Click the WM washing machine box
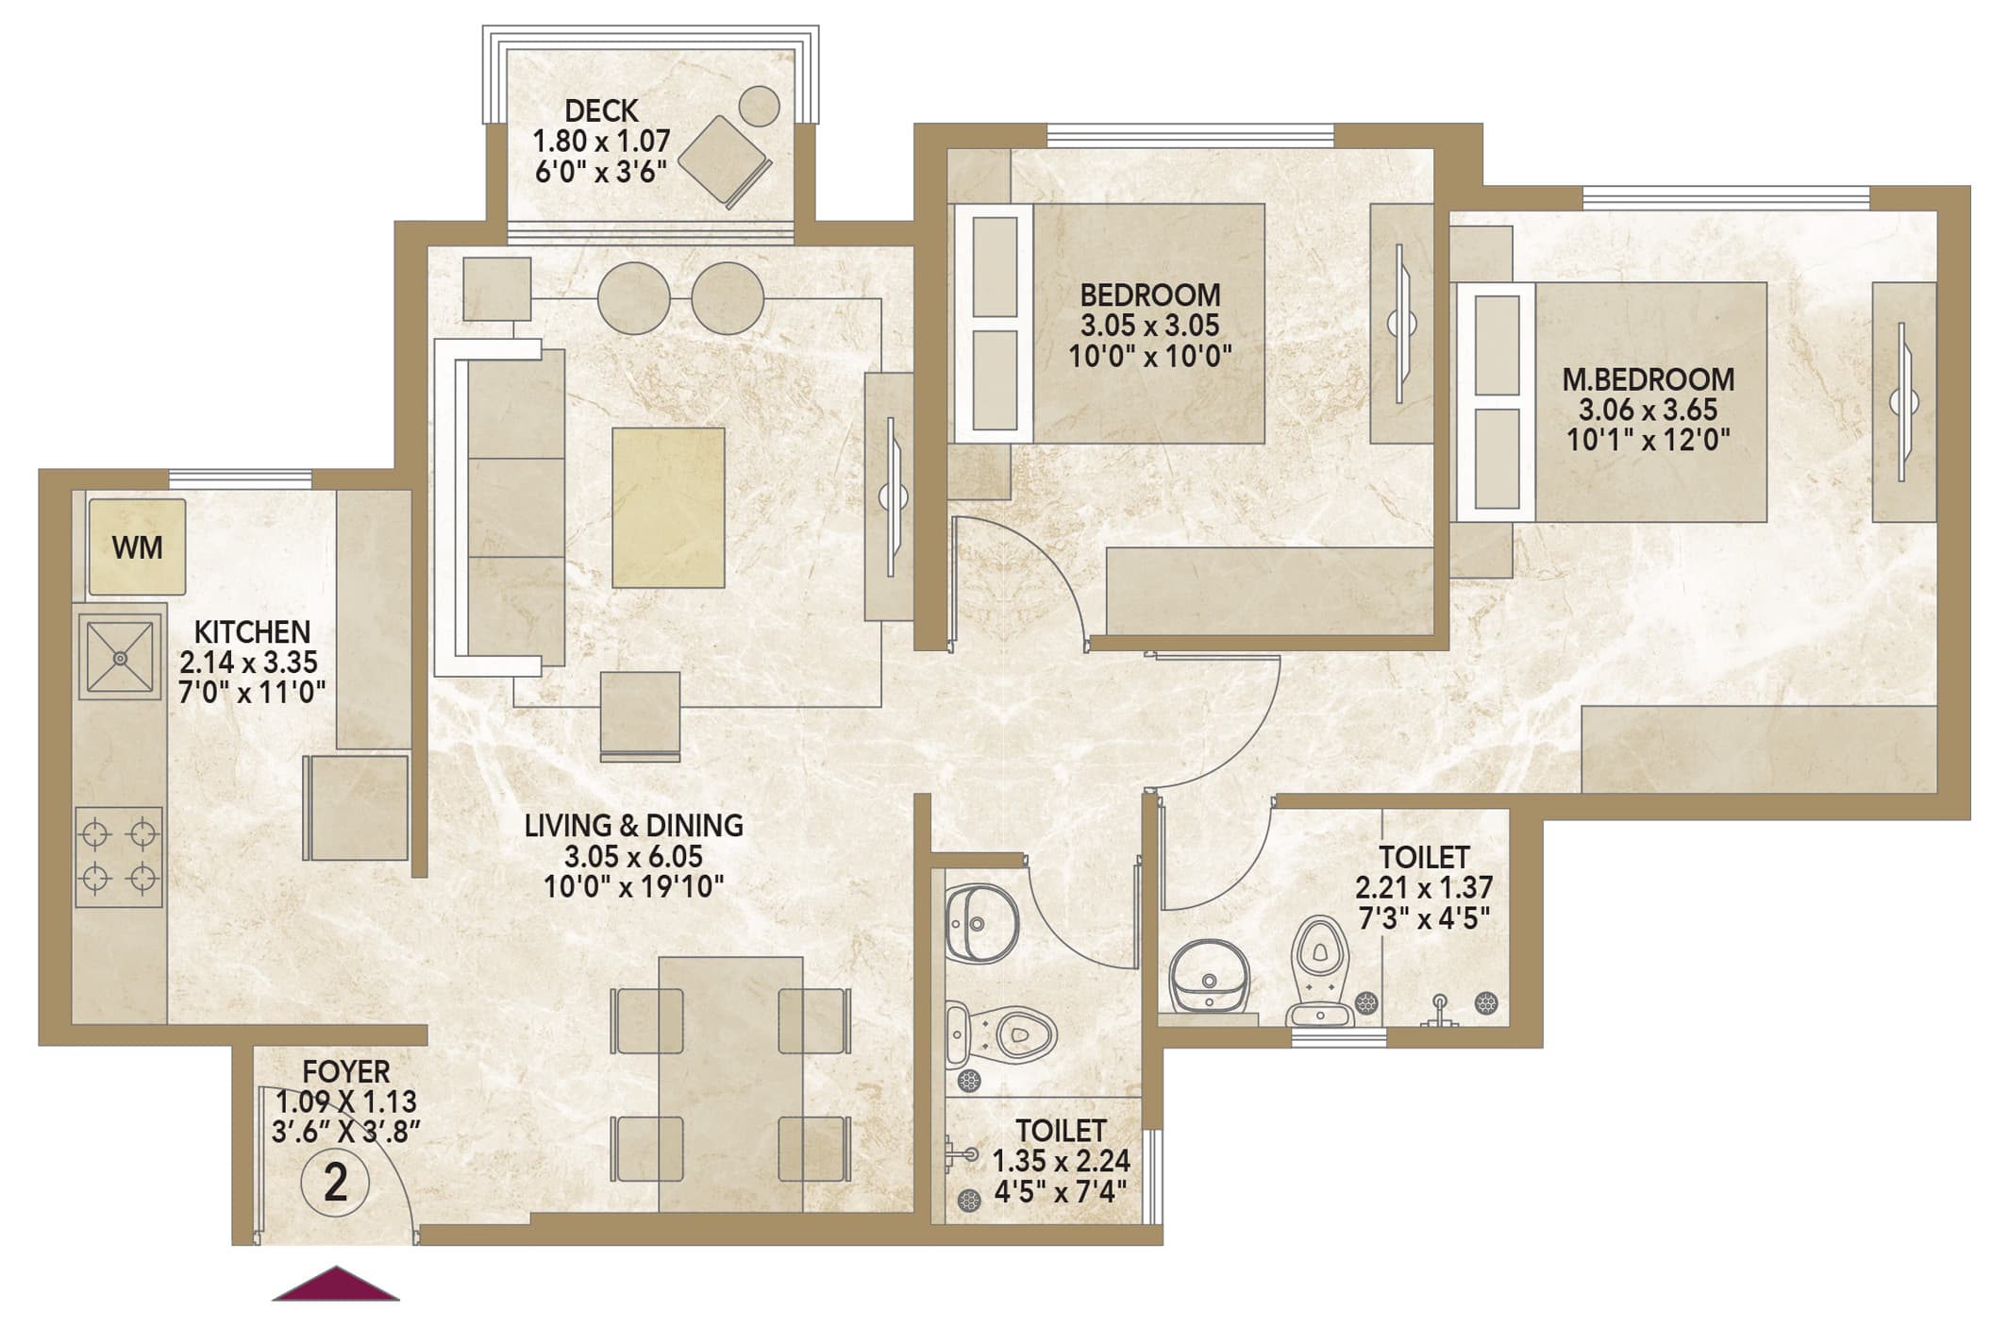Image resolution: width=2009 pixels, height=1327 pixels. [137, 547]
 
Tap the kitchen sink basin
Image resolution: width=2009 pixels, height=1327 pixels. [120, 656]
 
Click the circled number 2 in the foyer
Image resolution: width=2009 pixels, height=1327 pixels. [336, 1183]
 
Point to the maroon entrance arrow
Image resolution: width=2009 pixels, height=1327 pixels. [336, 1284]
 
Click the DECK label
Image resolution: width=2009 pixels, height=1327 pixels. [601, 111]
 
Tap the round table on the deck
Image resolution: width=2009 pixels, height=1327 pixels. [759, 106]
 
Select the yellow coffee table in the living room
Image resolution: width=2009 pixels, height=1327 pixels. [668, 508]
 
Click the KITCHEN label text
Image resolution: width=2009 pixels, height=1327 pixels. [252, 631]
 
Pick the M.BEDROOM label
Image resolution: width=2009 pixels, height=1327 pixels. [1649, 379]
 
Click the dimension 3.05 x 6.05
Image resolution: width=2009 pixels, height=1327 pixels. [634, 857]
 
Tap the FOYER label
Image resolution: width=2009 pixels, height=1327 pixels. [346, 1072]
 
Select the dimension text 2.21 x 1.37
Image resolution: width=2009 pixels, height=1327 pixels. [1424, 888]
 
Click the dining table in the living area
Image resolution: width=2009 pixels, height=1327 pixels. [730, 1083]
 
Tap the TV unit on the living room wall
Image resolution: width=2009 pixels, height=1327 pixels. [889, 496]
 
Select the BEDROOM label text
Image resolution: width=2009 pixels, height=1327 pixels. [1150, 294]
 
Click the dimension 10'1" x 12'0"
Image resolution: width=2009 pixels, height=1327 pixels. [1649, 441]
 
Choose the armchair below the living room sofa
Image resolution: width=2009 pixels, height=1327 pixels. [641, 715]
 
